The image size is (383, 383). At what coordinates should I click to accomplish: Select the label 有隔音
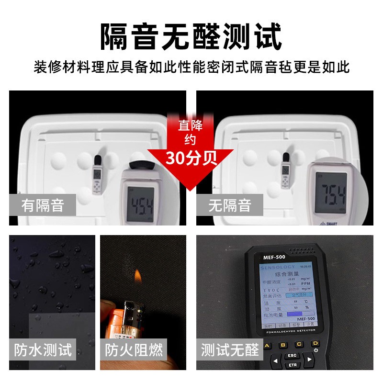[x=43, y=206]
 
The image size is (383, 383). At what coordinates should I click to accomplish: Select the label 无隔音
[x=230, y=206]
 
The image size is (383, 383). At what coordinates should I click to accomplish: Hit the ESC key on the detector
[x=291, y=356]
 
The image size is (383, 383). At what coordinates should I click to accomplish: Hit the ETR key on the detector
[x=291, y=366]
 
